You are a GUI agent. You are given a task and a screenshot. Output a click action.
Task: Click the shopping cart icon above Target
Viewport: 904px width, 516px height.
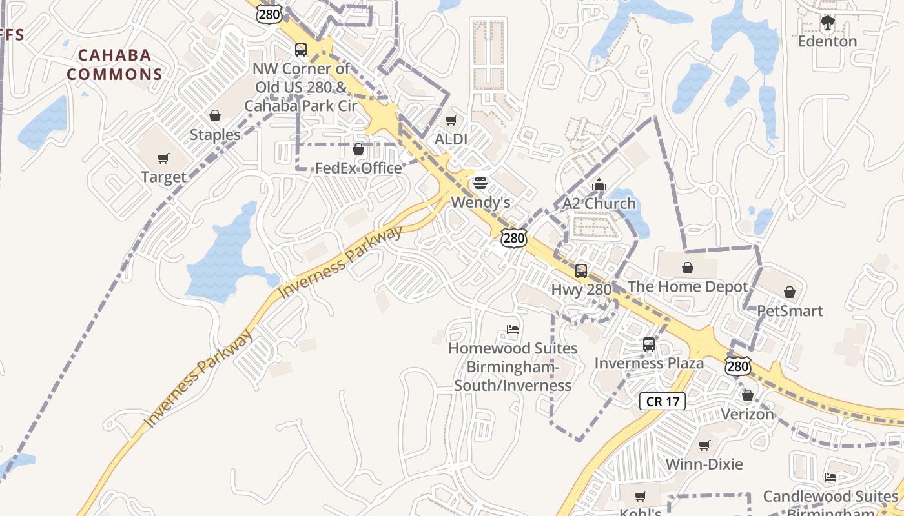click(x=163, y=159)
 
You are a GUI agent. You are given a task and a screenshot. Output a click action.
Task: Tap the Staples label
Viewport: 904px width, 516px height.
click(x=215, y=135)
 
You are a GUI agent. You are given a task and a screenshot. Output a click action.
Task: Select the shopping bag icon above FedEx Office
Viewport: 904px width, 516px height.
click(x=358, y=150)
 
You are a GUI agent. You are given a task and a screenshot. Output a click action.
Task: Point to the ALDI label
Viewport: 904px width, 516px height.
click(x=451, y=139)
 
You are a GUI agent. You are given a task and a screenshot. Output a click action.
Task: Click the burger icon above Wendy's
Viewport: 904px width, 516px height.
click(x=480, y=183)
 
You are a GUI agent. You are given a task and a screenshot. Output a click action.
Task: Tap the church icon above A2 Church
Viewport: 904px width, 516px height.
click(x=599, y=185)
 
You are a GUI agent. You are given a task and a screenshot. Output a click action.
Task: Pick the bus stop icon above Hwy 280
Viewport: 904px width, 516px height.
click(x=581, y=271)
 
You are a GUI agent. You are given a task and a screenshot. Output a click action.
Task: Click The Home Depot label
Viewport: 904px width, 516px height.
click(x=688, y=286)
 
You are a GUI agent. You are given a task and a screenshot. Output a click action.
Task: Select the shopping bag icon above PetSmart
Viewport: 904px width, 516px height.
click(x=790, y=292)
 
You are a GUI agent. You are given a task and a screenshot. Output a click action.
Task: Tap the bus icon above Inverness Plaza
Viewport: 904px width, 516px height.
click(x=649, y=344)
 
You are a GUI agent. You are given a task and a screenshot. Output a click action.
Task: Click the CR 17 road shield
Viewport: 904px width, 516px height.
click(x=663, y=402)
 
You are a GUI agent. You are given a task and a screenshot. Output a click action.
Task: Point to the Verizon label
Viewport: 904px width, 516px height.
click(x=747, y=414)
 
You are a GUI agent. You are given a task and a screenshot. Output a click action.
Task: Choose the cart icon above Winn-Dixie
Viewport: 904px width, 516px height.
click(x=704, y=446)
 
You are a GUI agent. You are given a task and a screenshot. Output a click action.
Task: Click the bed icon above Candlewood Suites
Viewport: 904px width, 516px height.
click(x=830, y=478)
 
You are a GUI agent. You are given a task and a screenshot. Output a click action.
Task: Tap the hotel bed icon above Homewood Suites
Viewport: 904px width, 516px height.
click(x=513, y=330)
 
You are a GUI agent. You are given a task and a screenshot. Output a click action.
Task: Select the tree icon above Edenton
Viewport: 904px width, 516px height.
click(x=827, y=23)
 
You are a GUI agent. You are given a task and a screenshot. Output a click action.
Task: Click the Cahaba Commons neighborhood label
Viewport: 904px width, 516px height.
click(x=114, y=64)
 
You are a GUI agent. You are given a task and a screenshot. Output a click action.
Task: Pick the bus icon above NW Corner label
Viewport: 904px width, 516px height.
click(x=301, y=50)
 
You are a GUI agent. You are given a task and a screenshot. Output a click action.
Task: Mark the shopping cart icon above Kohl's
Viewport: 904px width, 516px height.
click(x=640, y=497)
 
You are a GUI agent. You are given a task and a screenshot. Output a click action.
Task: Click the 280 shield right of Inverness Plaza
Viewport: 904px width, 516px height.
click(x=737, y=366)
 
